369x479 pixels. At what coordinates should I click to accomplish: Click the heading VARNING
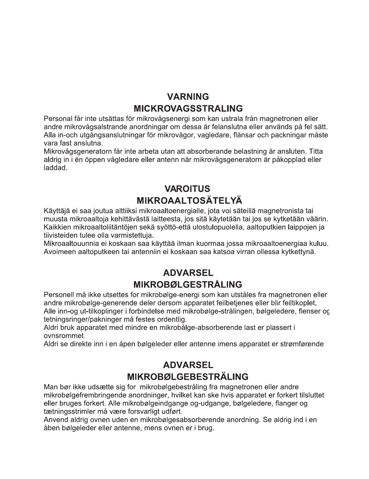(x=188, y=97)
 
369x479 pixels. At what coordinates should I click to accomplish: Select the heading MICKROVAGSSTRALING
(x=188, y=109)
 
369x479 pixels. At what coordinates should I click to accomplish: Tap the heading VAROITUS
(x=188, y=189)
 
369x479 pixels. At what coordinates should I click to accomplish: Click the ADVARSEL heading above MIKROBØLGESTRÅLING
(x=188, y=273)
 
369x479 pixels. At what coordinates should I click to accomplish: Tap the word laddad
(x=55, y=168)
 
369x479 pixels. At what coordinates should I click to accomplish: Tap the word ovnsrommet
(x=64, y=336)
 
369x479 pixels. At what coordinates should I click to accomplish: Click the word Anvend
(x=55, y=420)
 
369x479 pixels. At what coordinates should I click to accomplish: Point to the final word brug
(x=206, y=428)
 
